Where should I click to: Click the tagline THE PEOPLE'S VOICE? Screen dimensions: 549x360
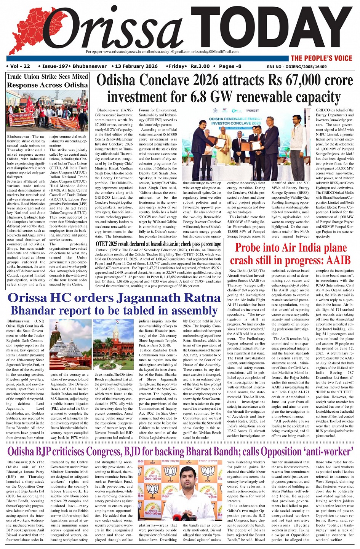click(x=322, y=58)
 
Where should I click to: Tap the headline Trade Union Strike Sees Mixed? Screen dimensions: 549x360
click(x=47, y=77)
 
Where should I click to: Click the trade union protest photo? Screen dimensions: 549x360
click(x=47, y=111)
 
